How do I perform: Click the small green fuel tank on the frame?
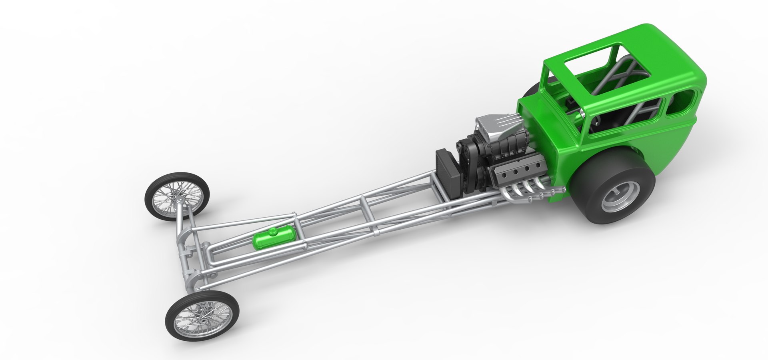[274, 238]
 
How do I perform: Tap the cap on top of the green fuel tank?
[273, 231]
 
